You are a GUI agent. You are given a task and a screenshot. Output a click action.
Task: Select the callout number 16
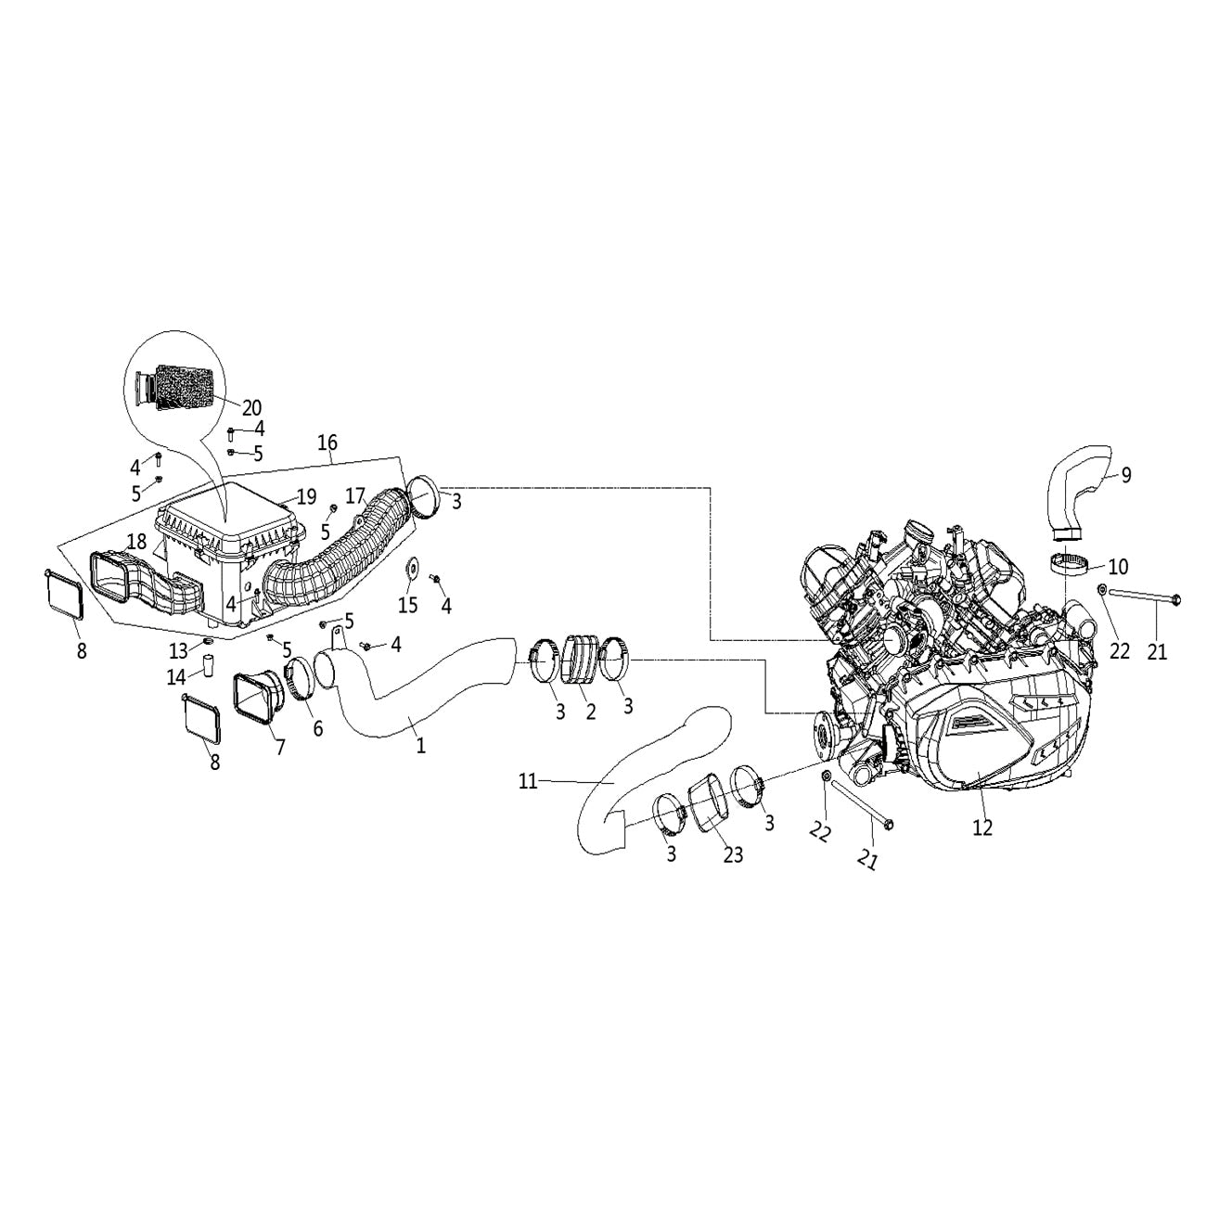(x=327, y=443)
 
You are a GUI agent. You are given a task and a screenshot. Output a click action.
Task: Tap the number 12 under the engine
(x=981, y=828)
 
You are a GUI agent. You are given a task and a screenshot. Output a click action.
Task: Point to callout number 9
(x=1125, y=475)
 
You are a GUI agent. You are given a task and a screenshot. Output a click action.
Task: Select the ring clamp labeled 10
(x=1070, y=564)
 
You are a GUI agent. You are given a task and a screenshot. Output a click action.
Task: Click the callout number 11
(x=528, y=782)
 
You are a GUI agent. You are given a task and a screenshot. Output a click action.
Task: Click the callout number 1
(x=421, y=745)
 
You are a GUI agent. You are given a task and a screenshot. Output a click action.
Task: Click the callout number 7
(x=279, y=747)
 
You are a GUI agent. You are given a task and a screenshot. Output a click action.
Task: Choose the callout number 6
(x=317, y=728)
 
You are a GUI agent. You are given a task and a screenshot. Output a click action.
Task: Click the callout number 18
(x=136, y=541)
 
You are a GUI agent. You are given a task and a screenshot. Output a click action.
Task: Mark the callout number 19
(x=306, y=497)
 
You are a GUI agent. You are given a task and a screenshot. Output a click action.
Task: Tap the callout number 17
(x=356, y=496)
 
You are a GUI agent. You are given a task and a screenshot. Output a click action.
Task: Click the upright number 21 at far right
(x=1156, y=652)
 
